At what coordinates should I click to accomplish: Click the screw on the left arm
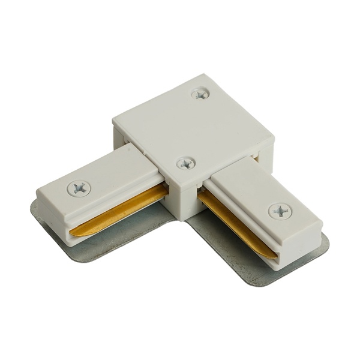79,188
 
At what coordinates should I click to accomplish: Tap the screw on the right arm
280,211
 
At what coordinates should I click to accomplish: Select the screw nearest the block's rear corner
200,93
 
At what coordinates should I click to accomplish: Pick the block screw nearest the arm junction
185,163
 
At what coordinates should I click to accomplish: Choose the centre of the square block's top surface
192,126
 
